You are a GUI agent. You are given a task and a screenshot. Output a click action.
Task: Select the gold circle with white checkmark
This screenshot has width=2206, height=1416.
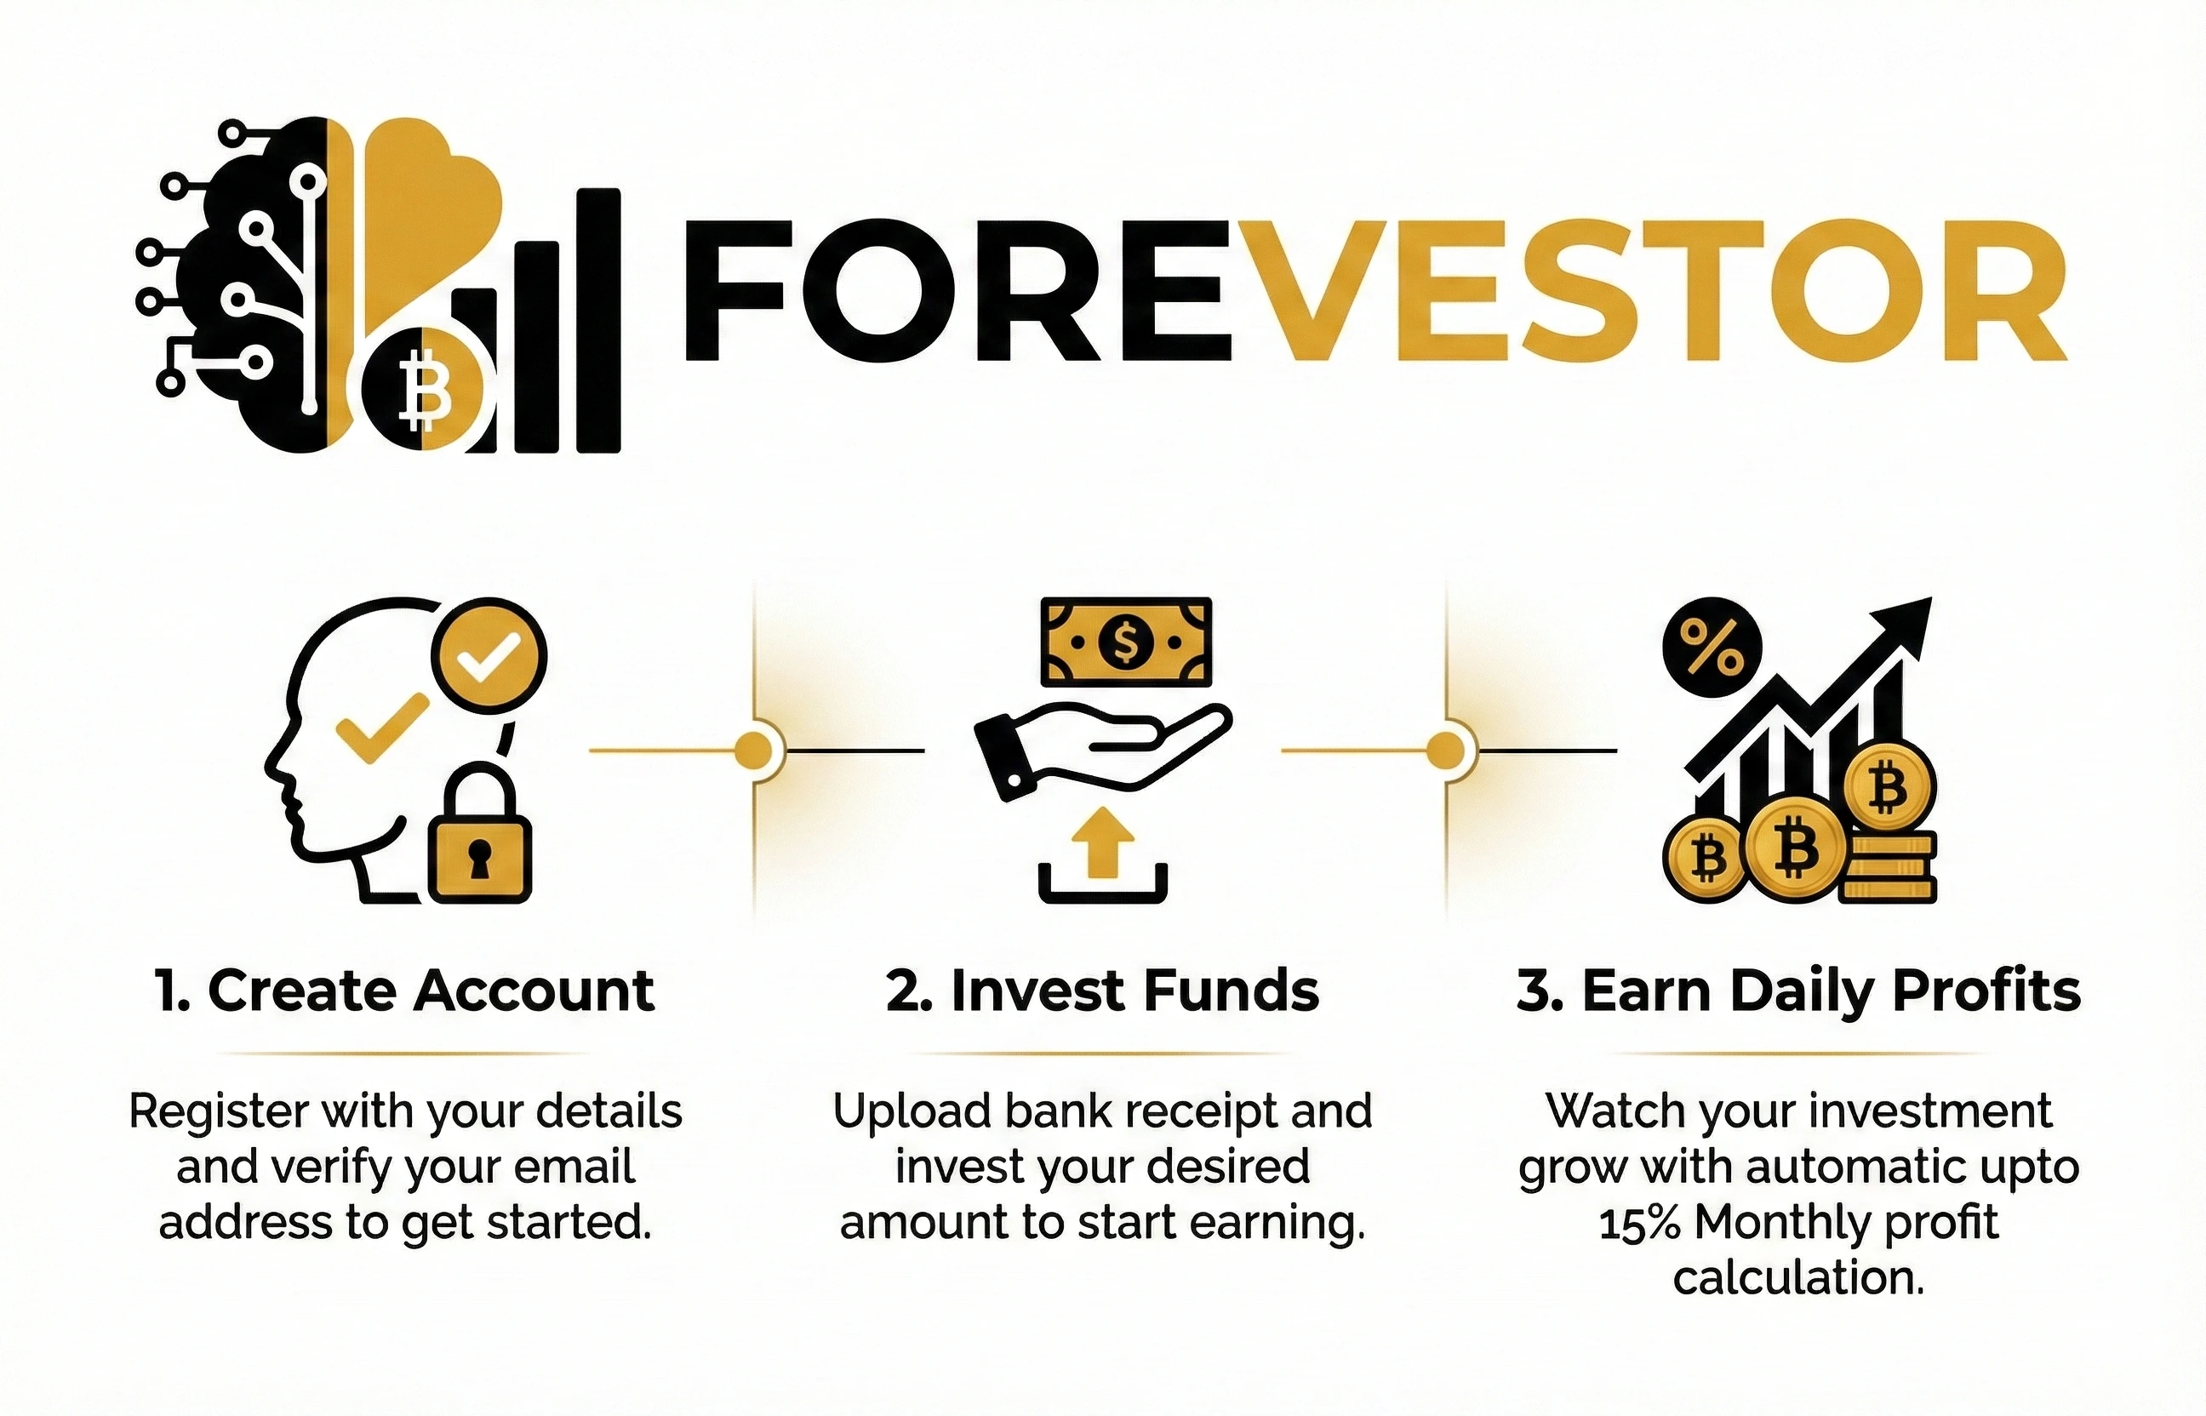(489, 656)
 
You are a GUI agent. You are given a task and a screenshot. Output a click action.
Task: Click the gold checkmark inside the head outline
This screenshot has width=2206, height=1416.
(382, 728)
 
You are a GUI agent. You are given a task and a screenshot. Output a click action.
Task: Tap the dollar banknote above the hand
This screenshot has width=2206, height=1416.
(1125, 642)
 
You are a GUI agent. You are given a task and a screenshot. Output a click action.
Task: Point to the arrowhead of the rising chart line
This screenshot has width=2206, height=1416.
(1906, 621)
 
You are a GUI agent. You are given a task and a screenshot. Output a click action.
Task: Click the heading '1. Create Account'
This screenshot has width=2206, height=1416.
(405, 991)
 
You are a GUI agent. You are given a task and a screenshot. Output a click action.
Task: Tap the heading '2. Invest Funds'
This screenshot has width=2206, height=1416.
(1102, 991)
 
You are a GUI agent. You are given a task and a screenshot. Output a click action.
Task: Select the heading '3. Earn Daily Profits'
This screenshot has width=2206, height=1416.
(1797, 991)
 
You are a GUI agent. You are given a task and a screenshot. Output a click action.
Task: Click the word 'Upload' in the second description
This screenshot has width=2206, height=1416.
(913, 1112)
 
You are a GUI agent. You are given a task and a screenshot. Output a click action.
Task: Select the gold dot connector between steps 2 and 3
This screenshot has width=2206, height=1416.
(1445, 751)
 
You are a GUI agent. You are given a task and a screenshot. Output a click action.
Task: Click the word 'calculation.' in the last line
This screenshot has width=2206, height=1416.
(1797, 1279)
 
